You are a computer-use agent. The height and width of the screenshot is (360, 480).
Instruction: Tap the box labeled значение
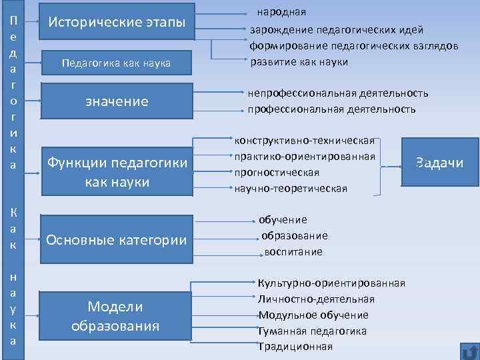[117, 101]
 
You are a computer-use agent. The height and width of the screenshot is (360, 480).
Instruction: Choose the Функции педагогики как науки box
[117, 172]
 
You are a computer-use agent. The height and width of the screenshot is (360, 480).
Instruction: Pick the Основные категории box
[117, 240]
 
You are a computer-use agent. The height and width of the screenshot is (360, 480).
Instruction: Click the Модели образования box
[115, 316]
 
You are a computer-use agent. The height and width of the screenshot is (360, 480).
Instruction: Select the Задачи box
[439, 164]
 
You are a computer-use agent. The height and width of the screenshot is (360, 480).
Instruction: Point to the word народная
[282, 12]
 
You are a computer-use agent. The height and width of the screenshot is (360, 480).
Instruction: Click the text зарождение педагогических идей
[337, 30]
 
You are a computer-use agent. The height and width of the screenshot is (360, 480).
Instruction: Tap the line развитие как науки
[299, 62]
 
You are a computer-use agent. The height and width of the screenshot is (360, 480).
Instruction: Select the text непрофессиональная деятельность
[338, 93]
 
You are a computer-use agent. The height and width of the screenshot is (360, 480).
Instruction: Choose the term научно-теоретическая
[291, 188]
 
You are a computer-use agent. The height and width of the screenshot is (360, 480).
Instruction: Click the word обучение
[283, 219]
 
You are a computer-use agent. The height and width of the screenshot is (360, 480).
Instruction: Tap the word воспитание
[293, 252]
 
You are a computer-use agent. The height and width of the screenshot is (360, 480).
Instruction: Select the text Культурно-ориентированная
[331, 283]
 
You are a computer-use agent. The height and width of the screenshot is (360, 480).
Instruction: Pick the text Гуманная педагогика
[313, 331]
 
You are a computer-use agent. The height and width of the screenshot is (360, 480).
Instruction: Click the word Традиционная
[295, 347]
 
